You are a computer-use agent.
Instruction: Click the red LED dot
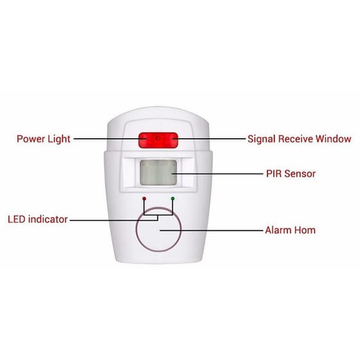coord(144,199)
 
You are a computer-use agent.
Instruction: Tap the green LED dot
coord(173,199)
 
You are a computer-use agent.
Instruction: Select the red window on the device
coord(158,140)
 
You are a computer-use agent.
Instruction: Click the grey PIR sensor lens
coord(158,172)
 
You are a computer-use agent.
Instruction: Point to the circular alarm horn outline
coord(136,230)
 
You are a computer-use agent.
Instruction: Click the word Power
coord(31,139)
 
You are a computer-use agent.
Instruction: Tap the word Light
coord(59,139)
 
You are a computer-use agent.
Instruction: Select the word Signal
coord(261,139)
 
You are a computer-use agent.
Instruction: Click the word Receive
coord(296,139)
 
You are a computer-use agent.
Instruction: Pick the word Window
coord(334,139)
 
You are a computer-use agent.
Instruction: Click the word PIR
coord(274,174)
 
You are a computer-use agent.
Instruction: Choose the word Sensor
coord(300,174)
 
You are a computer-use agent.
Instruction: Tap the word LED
coord(16,219)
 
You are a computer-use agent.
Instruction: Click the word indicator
coord(48,219)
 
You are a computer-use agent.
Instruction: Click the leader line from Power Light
coord(110,139)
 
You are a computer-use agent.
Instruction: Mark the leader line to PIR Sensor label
coord(217,174)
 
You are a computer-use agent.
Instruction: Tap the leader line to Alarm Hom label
coord(212,230)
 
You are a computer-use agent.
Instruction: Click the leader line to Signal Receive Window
coord(209,139)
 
